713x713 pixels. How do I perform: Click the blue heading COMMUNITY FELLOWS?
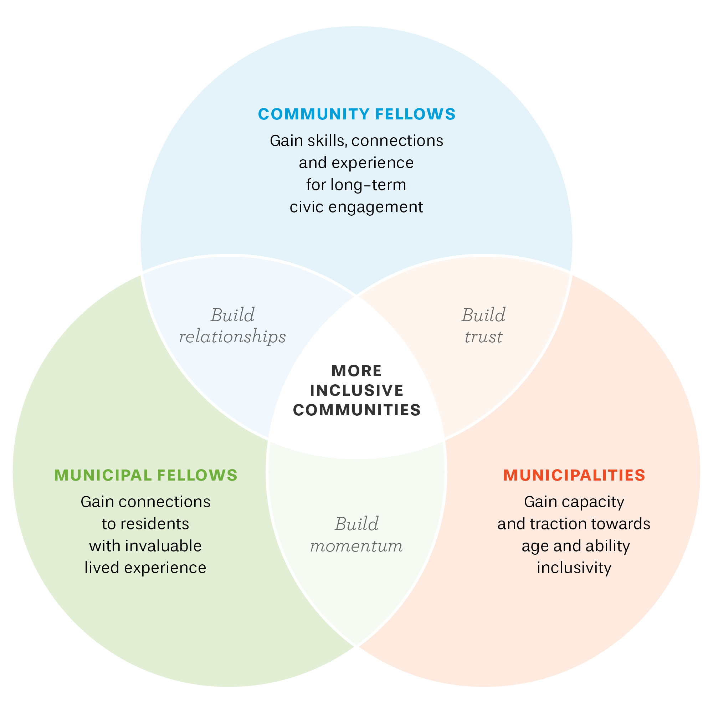[356, 114]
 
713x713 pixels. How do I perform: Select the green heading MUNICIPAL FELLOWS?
[146, 475]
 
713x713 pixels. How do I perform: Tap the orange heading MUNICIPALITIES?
[574, 475]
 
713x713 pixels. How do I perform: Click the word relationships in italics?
[232, 337]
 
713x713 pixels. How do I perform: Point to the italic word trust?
[483, 337]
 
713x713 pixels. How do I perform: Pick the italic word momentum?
[356, 546]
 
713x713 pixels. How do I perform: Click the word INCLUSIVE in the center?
[356, 390]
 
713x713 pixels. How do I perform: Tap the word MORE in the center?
[356, 371]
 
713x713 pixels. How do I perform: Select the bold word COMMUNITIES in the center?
[356, 410]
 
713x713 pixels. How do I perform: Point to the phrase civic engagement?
[356, 207]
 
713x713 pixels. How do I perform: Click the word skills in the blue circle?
[328, 140]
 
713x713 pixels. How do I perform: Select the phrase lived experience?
[145, 568]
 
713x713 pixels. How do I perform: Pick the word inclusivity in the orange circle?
[574, 568]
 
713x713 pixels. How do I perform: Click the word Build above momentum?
[356, 524]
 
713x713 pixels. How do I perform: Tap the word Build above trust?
[483, 315]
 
